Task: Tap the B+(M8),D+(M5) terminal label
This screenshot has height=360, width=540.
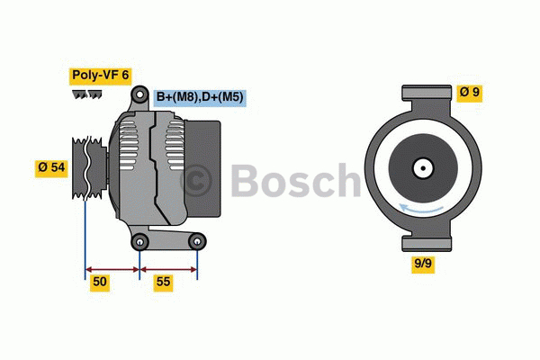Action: (201, 96)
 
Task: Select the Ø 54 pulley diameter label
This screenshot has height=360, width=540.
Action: (51, 167)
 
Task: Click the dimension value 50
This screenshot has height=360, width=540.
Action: (101, 283)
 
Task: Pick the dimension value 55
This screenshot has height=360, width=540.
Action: (162, 283)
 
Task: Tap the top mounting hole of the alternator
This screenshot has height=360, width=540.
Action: (140, 95)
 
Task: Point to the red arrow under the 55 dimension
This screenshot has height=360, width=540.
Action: (169, 267)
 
